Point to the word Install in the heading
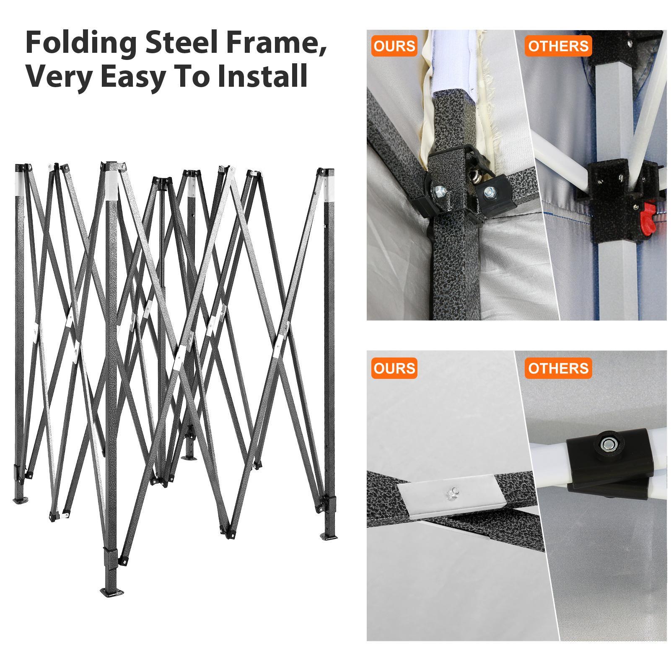tap(263, 76)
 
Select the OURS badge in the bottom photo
tap(394, 368)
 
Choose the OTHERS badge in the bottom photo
tap(558, 368)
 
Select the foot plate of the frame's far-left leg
tap(20, 500)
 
